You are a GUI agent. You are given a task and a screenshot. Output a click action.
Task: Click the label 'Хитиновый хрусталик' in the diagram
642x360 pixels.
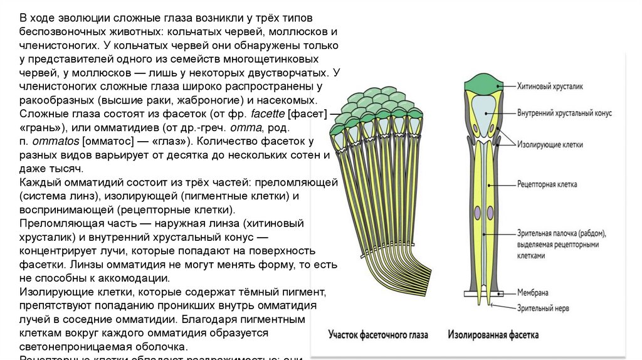[549, 85]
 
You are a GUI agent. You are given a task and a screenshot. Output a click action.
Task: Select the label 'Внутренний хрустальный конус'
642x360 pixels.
[564, 114]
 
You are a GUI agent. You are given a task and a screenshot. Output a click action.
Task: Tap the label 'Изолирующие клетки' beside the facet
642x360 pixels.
[550, 144]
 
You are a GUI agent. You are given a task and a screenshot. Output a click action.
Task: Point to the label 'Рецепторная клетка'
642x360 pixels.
[547, 185]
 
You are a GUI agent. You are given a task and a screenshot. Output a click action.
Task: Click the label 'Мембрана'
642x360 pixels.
[534, 293]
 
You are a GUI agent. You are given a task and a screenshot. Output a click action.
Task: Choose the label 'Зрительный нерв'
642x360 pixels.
[543, 307]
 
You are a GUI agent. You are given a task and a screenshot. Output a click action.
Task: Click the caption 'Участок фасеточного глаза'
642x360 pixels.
[378, 336]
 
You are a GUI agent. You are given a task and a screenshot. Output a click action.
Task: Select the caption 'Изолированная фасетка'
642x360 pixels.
[493, 336]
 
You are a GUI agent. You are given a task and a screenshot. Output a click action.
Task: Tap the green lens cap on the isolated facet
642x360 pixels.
[481, 83]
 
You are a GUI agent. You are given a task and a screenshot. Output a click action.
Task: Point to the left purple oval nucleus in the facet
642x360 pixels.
[476, 213]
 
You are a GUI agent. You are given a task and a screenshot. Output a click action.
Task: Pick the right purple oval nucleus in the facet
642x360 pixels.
[487, 213]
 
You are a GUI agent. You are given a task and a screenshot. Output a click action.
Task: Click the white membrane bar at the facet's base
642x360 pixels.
[481, 293]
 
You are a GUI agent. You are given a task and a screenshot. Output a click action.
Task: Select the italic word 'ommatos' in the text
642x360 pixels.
[53, 142]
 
